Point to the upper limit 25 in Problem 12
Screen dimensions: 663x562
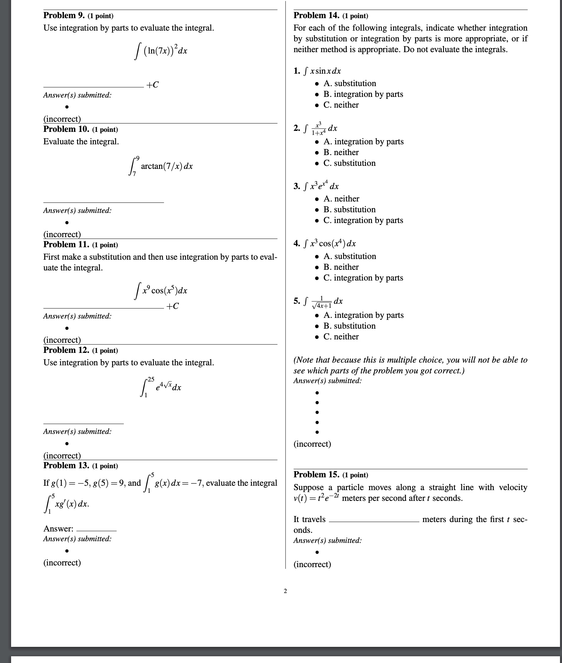point(150,379)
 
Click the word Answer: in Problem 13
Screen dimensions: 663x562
point(58,528)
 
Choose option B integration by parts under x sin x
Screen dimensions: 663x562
point(363,94)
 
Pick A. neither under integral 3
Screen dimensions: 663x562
point(341,199)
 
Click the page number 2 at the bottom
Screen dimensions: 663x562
point(285,591)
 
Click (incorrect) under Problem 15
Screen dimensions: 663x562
point(312,564)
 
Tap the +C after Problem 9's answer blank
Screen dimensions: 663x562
point(152,85)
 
